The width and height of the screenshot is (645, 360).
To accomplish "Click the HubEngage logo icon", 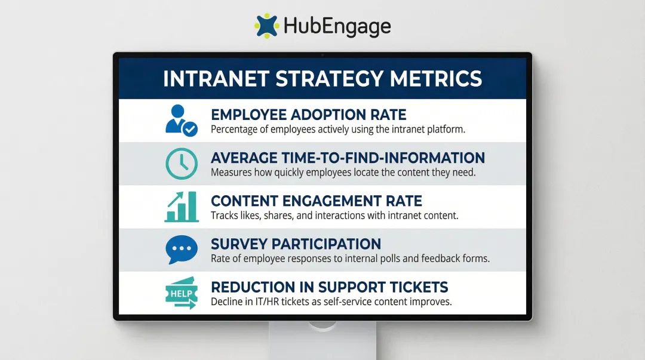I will pyautogui.click(x=266, y=26).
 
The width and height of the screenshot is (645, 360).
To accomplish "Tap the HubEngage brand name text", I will pyautogui.click(x=337, y=27).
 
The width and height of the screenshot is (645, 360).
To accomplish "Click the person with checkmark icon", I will pyautogui.click(x=180, y=120).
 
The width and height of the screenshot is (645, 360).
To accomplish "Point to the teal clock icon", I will pyautogui.click(x=181, y=163).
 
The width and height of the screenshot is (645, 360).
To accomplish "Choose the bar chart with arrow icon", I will pyautogui.click(x=181, y=206).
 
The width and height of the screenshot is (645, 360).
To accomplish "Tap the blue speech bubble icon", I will pyautogui.click(x=181, y=250).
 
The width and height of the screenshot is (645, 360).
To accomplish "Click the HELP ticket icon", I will pyautogui.click(x=181, y=293).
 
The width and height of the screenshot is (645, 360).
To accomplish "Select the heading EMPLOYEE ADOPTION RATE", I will pyautogui.click(x=308, y=115).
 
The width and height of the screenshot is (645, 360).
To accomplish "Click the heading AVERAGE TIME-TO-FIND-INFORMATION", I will pyautogui.click(x=348, y=158).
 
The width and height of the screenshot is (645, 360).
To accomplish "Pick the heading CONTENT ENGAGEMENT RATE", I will pyautogui.click(x=317, y=201).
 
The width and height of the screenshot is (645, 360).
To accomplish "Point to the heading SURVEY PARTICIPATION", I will pyautogui.click(x=296, y=244).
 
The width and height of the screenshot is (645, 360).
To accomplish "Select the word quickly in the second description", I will pyautogui.click(x=288, y=173).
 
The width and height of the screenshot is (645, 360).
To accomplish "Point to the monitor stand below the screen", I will pyautogui.click(x=322, y=340).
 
